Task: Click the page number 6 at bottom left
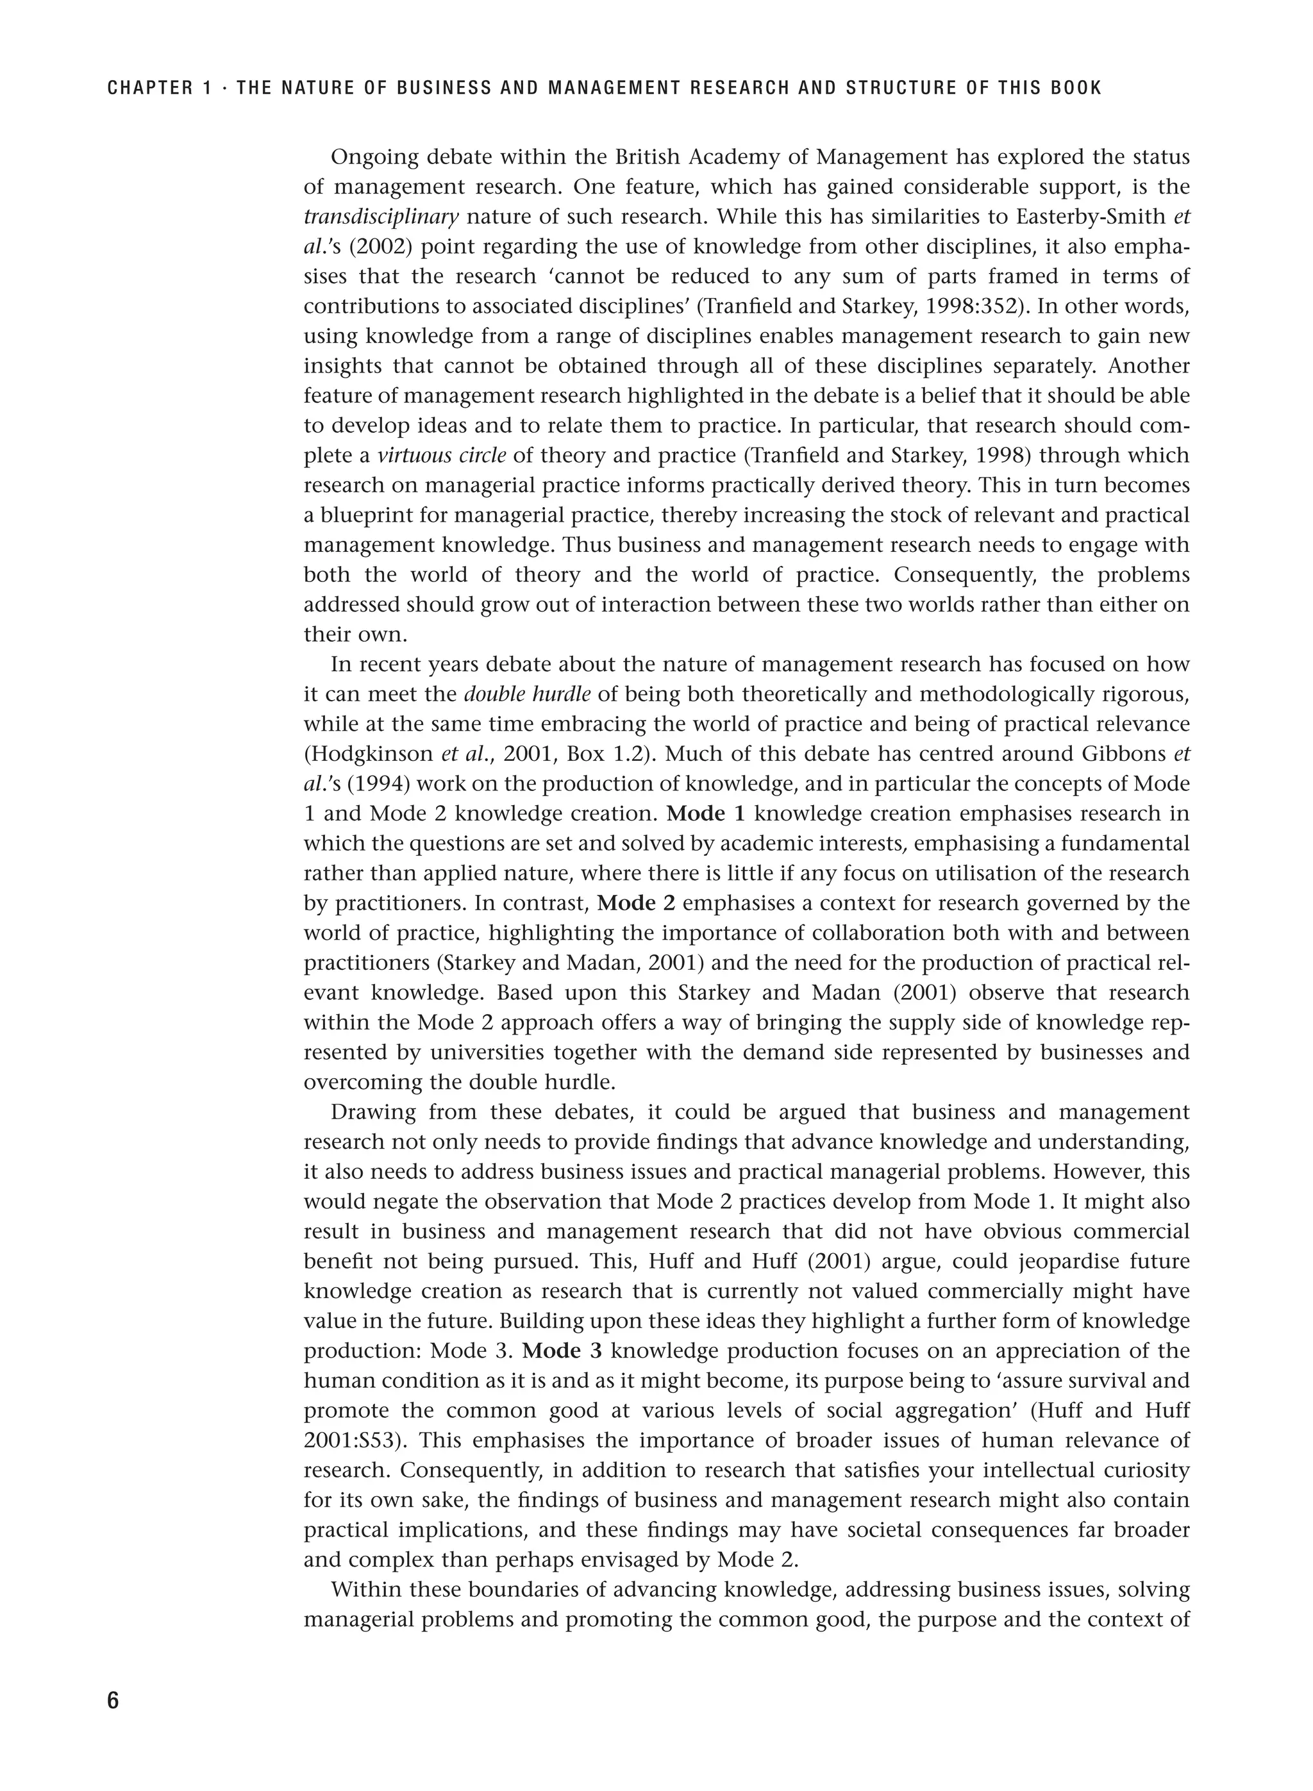tap(113, 1701)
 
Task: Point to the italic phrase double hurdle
tap(527, 694)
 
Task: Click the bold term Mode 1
tap(706, 813)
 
